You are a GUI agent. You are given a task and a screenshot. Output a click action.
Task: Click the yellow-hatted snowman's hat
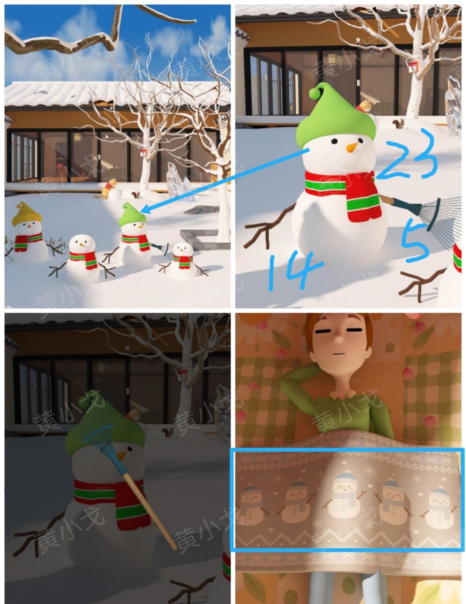click(27, 214)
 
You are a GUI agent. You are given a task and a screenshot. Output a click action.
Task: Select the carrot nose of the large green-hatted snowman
click(353, 147)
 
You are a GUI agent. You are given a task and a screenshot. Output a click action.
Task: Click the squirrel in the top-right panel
click(399, 124)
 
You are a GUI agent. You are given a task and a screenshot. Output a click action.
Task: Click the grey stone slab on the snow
click(201, 209)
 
